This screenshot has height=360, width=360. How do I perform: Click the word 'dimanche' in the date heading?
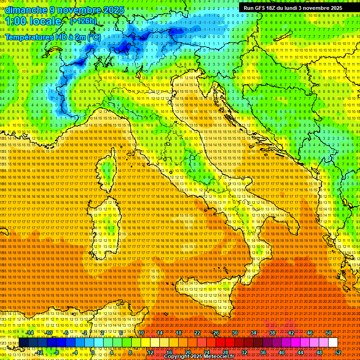click(23, 10)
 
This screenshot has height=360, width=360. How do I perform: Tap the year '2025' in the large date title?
click(111, 10)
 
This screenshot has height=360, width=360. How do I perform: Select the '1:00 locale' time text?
click(33, 21)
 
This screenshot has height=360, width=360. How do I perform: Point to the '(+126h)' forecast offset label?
click(83, 21)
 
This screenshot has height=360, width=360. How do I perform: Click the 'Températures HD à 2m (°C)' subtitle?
click(53, 37)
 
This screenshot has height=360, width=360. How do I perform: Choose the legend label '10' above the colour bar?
click(141, 333)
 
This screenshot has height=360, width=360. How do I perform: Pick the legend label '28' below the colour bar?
click(225, 352)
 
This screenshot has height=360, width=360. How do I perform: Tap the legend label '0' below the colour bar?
click(93, 352)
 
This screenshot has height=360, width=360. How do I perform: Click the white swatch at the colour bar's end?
click(333, 343)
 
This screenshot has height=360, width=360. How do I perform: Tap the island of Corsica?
click(108, 171)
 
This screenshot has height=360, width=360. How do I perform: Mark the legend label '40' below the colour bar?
click(282, 352)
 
